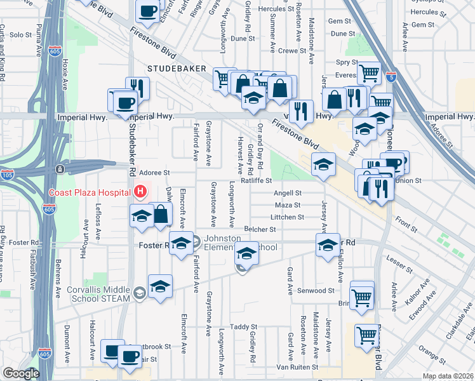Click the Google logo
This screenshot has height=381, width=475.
tap(20, 374)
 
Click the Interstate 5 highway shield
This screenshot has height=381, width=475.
tap(391, 77)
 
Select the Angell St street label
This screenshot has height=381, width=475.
tap(287, 193)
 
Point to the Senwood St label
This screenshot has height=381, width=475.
tap(318, 290)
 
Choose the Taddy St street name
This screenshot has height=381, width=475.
tap(243, 327)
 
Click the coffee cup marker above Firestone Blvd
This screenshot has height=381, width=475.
tap(147, 12)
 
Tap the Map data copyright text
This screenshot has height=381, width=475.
tap(448, 376)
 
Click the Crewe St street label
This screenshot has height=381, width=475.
tap(292, 50)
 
